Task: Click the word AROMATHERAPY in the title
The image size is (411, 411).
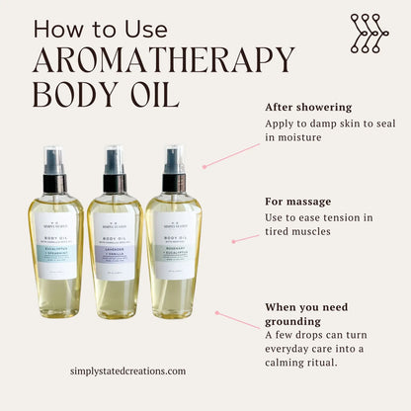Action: (163, 60)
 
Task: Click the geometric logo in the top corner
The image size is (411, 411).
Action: (369, 33)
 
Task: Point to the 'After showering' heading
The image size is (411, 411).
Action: (307, 107)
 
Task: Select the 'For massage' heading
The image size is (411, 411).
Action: (298, 201)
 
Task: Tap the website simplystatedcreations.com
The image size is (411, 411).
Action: (127, 371)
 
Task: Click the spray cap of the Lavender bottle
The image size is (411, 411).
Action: (115, 171)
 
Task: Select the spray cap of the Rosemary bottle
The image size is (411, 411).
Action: (174, 170)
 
